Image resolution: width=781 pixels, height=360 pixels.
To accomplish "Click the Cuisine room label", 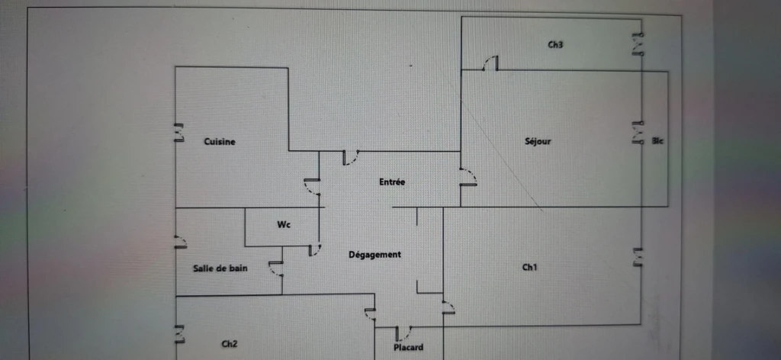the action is click(220, 141).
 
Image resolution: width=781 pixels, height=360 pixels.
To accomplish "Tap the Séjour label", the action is click(538, 141).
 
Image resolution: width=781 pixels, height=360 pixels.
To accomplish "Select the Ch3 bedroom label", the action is click(555, 45).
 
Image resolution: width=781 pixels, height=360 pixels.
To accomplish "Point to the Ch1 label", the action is click(529, 268).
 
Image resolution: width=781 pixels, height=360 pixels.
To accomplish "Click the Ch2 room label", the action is click(229, 343).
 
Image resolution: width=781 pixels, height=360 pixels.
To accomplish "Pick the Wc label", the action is click(284, 225).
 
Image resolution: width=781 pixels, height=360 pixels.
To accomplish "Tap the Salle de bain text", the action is click(220, 268).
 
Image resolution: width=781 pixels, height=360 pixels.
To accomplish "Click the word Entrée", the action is click(392, 182).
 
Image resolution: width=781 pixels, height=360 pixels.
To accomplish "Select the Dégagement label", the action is click(374, 255).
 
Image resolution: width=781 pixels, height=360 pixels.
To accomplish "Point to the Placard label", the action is click(409, 347).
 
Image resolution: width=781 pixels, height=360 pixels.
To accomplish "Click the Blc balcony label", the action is click(657, 141).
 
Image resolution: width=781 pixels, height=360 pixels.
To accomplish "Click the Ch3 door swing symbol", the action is click(490, 63).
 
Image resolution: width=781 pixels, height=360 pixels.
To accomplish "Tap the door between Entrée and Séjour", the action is click(468, 178).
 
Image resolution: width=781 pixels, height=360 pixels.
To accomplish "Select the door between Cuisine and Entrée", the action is click(312, 186).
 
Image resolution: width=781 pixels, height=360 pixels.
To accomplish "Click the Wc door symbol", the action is click(314, 249).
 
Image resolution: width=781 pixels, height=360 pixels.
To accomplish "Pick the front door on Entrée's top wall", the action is click(351, 157).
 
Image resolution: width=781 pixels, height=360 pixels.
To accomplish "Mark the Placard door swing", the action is click(403, 333).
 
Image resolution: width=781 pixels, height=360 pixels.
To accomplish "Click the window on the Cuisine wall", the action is click(178, 133).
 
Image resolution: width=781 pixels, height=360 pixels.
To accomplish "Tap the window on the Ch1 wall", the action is click(638, 257).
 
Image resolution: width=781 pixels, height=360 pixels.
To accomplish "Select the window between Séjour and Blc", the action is click(638, 133).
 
